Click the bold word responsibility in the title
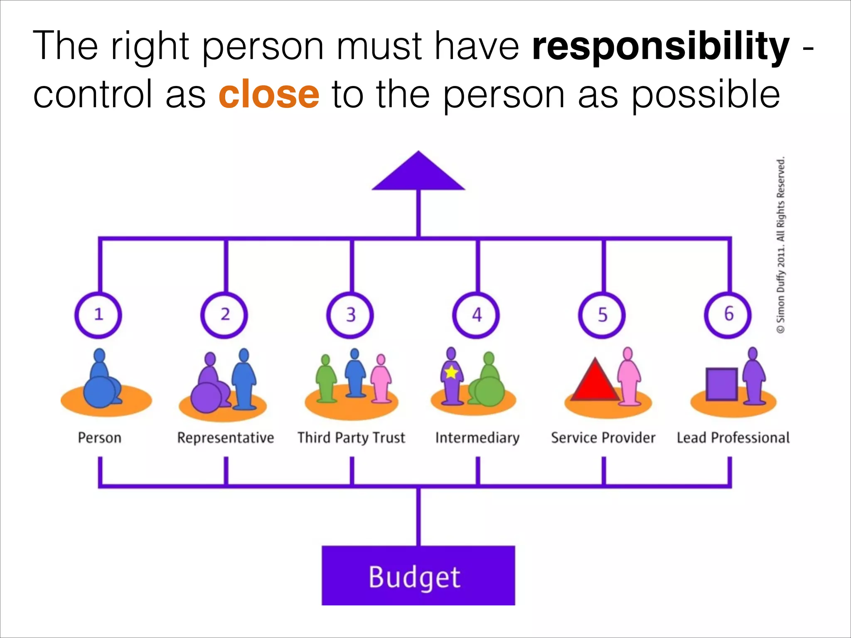[x=660, y=47]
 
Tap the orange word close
[x=269, y=94]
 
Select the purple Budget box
[x=418, y=576]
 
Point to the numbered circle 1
[x=98, y=315]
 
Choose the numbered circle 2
[x=224, y=315]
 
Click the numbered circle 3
[x=350, y=315]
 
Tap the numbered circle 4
[x=476, y=315]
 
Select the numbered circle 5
[x=602, y=315]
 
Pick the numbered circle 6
[x=728, y=315]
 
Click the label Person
[x=99, y=438]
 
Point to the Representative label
[x=225, y=438]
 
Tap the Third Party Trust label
[x=351, y=438]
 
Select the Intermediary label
[x=477, y=438]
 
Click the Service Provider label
[x=603, y=438]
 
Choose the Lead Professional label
[x=733, y=438]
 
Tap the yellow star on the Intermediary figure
[x=451, y=372]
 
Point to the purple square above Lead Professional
[x=722, y=384]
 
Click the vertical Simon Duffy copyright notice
[x=781, y=245]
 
